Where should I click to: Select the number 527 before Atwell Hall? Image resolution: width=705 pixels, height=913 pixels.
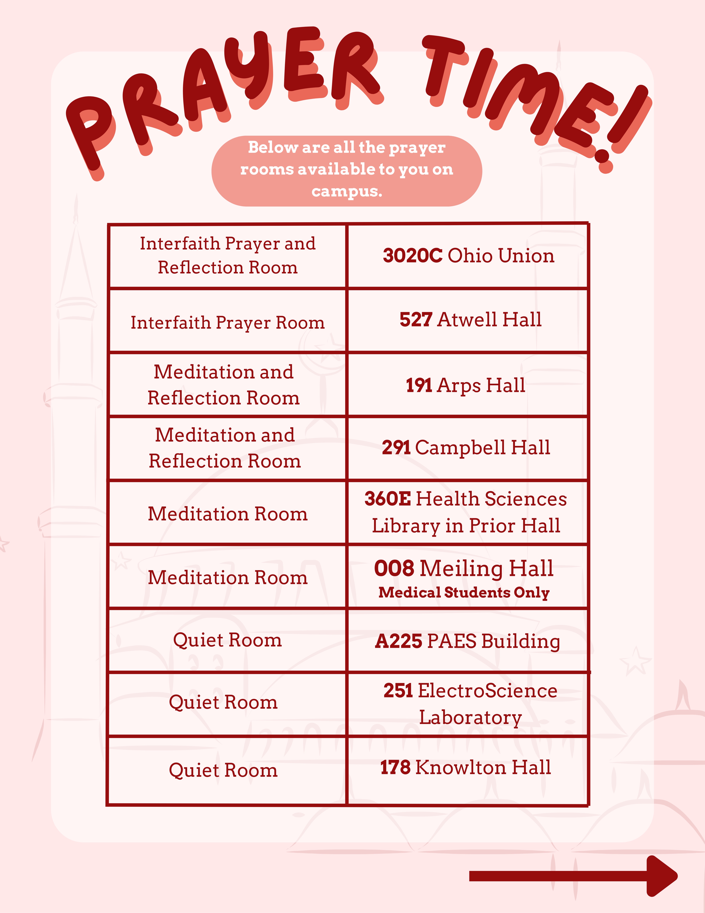416,320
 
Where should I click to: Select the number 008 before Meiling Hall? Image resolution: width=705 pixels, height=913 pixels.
394,569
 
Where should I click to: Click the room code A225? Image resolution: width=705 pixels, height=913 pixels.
398,641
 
